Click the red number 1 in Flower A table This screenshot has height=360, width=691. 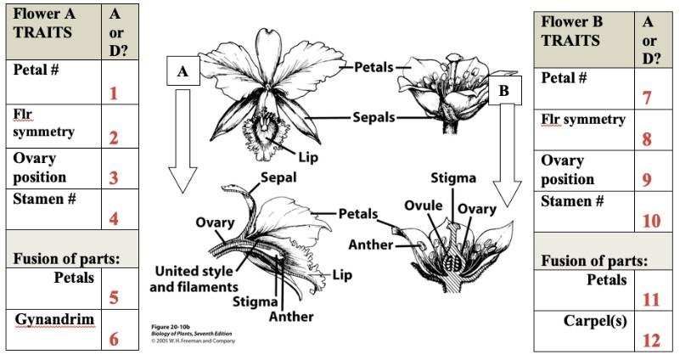coord(113,93)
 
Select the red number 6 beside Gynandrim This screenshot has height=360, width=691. coord(113,339)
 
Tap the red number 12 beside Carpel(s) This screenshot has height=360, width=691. coord(651,340)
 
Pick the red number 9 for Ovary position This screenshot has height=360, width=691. coord(648,179)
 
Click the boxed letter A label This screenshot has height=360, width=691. coord(183,72)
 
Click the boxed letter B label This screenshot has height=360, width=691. coord(504,90)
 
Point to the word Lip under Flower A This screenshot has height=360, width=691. coord(308,156)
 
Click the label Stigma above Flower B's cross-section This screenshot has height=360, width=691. coord(454,178)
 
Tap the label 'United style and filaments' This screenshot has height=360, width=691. coord(194,278)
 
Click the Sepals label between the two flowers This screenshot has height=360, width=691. coord(374,117)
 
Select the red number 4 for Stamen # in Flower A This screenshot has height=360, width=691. coord(113,218)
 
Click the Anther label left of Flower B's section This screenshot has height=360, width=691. coord(371,245)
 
